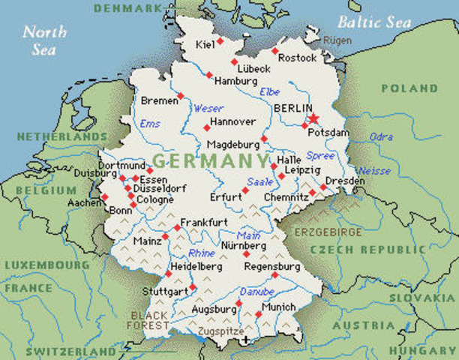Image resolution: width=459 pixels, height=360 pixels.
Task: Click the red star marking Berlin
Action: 313,118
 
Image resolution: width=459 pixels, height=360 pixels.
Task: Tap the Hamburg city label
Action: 235,81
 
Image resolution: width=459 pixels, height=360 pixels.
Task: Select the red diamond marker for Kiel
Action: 220,40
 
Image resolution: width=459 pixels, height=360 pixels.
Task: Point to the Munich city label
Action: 278,307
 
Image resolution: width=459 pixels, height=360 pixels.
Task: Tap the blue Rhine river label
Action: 202,253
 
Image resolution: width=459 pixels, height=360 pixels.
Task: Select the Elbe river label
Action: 269,91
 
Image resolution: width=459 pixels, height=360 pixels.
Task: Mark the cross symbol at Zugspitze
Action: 245,340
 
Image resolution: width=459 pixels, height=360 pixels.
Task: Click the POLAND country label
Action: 409,88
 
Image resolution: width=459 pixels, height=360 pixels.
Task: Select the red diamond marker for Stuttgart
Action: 193,286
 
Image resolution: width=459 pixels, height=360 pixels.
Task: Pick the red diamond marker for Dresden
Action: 324,187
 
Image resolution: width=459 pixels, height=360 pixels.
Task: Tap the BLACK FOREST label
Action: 150,320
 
